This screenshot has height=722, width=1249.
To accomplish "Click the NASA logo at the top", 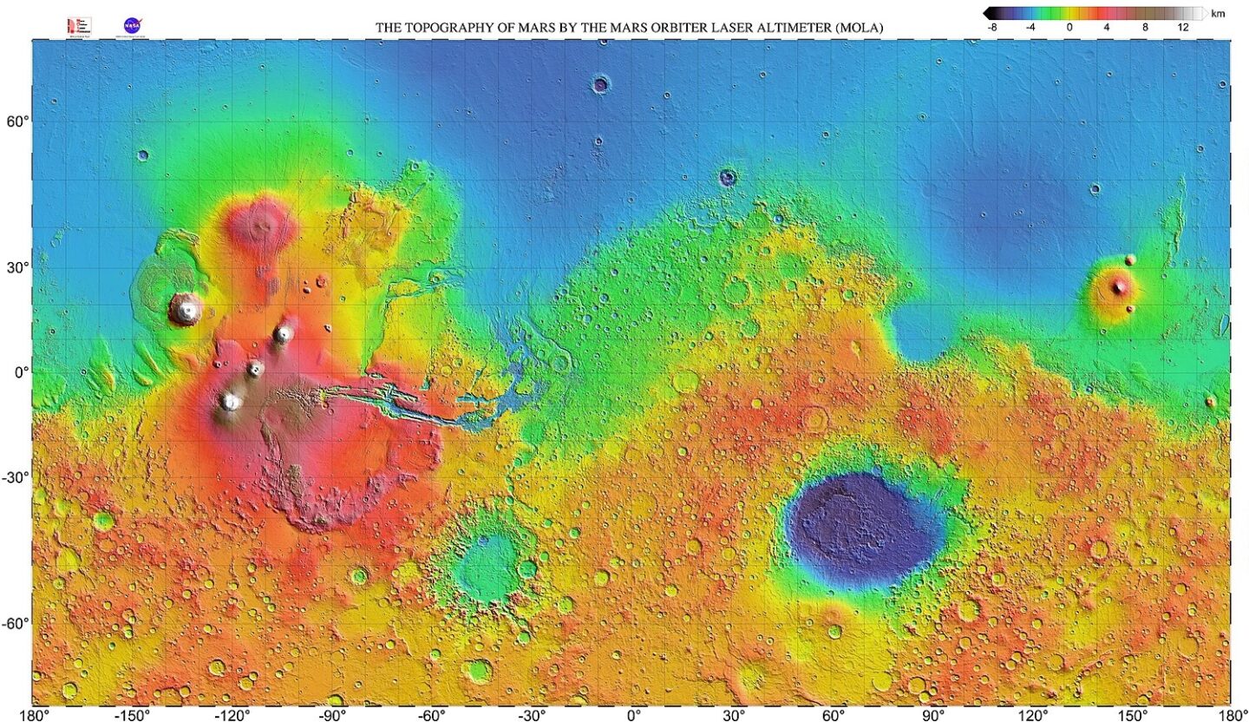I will (x=133, y=25).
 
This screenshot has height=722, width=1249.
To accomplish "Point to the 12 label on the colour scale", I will (x=1182, y=27).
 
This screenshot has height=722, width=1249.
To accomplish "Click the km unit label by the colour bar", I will (x=1218, y=14).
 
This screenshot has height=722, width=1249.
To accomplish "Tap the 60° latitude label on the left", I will (x=19, y=121).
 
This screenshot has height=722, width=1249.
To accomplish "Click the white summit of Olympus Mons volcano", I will (x=185, y=307).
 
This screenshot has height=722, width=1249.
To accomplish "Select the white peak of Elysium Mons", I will (x=1119, y=286).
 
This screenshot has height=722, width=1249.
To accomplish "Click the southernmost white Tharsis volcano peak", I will (x=230, y=401).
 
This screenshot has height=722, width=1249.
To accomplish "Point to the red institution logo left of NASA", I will (x=79, y=26).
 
